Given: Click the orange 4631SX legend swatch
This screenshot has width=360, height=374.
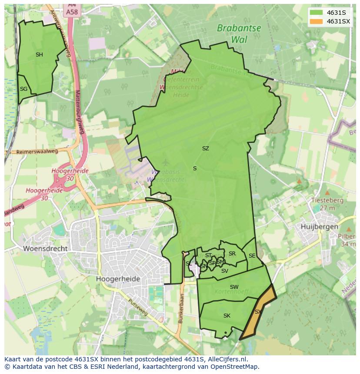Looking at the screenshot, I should [317, 21].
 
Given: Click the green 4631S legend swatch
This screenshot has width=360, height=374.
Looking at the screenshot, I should [317, 13].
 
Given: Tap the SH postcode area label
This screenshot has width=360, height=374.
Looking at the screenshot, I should [39, 55].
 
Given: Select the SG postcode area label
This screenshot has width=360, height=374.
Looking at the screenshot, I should [23, 89].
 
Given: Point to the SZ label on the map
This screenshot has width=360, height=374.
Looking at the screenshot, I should [205, 149].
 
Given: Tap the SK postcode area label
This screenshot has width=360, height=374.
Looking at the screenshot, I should [227, 316].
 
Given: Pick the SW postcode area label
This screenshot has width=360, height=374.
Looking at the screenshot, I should [234, 287].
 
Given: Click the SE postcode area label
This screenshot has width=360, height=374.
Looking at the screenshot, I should [252, 256].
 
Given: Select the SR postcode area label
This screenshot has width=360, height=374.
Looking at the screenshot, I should [232, 254].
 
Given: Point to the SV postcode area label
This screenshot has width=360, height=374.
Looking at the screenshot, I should [224, 271].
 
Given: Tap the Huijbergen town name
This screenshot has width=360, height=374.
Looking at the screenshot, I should [319, 227].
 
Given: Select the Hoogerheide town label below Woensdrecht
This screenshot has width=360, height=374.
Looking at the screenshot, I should [118, 279].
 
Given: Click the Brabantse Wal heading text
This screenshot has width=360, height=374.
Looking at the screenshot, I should [239, 34].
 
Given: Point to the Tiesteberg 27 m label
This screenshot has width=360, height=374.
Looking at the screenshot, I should [327, 204].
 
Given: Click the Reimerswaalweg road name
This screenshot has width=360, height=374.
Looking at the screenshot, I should [37, 152].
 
